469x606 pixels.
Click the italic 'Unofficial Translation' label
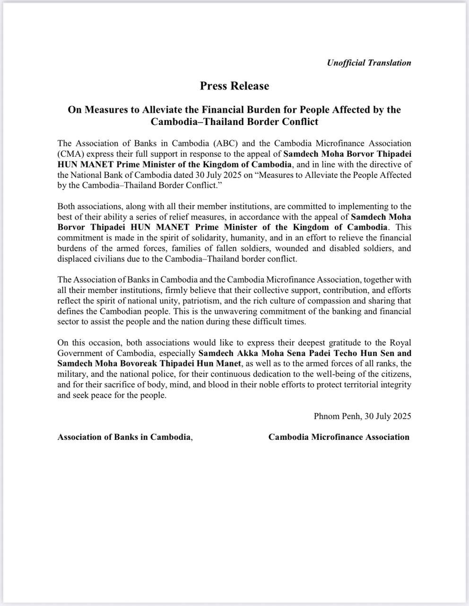369,62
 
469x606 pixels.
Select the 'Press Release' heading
234,86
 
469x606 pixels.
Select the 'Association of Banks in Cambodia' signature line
124,437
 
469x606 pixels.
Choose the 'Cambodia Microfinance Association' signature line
339,437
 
